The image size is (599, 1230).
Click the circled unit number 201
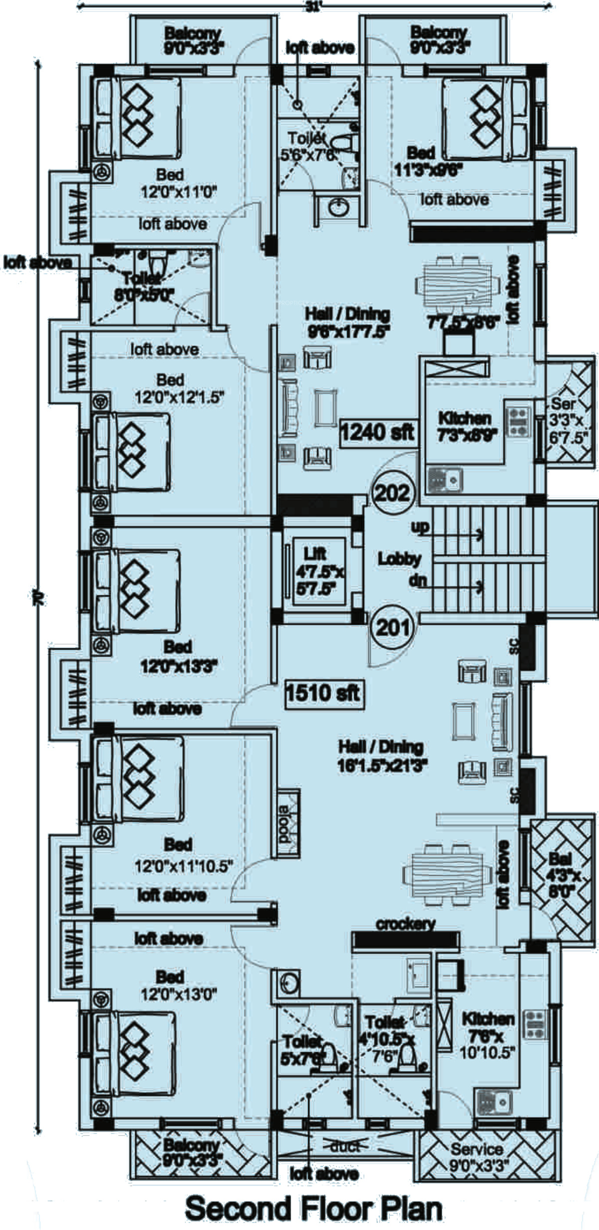[x=393, y=627]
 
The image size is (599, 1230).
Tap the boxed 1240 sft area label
[x=377, y=431]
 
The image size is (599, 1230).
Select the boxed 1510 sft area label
[x=323, y=693]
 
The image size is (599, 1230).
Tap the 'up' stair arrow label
[x=420, y=527]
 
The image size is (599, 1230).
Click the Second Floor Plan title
[x=314, y=1206]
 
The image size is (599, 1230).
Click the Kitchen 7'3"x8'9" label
[x=464, y=426]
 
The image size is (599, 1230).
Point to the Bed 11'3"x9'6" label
[x=428, y=161]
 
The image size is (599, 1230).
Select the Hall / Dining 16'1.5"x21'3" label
[x=382, y=756]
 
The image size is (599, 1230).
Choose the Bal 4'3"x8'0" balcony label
[x=563, y=874]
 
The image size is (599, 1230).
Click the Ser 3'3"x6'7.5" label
[x=567, y=420]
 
